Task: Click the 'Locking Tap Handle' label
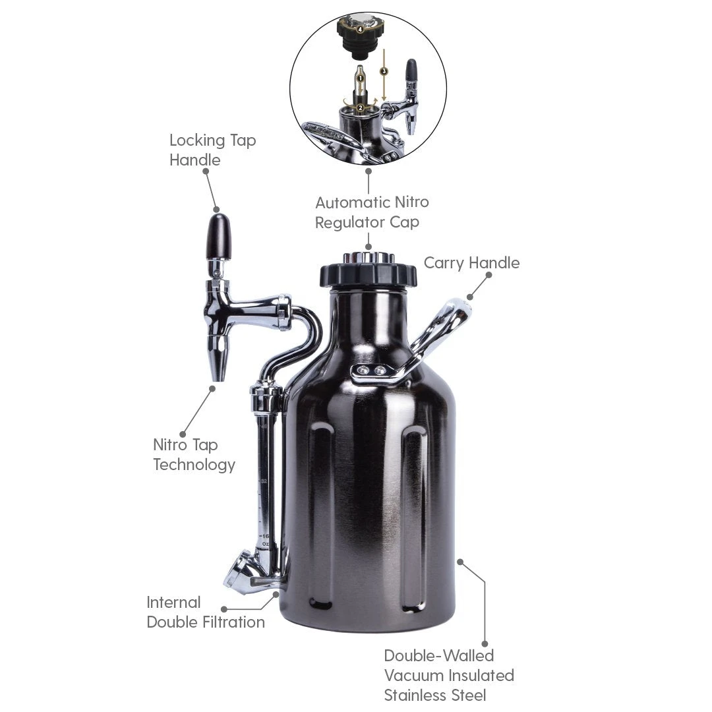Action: point(212,150)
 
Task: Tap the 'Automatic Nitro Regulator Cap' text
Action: point(371,212)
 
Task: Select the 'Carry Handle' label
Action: point(471,262)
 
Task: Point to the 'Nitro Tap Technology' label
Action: point(194,454)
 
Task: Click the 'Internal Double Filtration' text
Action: point(205,612)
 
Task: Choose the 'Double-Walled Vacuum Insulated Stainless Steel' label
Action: point(449,674)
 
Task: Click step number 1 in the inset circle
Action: point(361,78)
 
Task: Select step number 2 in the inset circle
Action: point(361,107)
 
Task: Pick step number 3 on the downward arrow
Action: point(384,71)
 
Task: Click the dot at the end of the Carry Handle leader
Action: point(470,297)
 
